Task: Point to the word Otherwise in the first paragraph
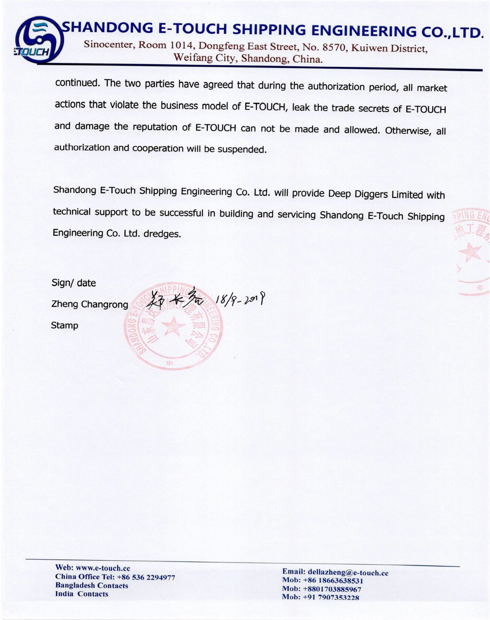pyautogui.click(x=408, y=131)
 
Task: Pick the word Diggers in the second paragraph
pyautogui.click(x=371, y=194)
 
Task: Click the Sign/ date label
pyautogui.click(x=74, y=283)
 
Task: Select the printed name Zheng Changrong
pyautogui.click(x=90, y=304)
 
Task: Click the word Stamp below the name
pyautogui.click(x=65, y=325)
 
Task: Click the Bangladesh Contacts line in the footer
pyautogui.click(x=92, y=585)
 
